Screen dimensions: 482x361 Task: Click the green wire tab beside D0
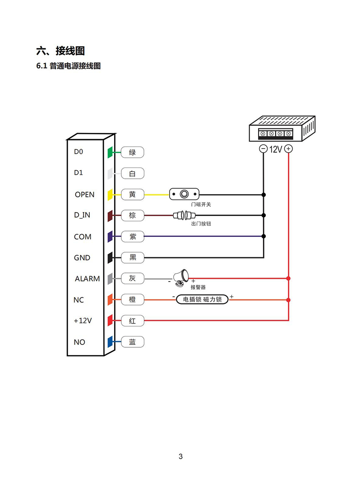(110, 152)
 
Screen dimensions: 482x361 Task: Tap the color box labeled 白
(132, 173)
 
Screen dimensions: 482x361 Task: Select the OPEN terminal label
(84, 195)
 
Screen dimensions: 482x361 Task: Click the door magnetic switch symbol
(184, 194)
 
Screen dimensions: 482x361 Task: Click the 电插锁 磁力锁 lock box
(202, 299)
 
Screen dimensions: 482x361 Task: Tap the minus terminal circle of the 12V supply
(263, 149)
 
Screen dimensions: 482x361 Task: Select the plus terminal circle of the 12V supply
(288, 149)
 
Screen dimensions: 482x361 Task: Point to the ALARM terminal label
(87, 279)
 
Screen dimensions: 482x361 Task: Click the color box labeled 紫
(132, 236)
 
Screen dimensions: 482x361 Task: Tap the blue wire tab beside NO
(110, 342)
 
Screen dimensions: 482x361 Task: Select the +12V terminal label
(83, 321)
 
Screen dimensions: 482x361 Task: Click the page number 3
(180, 457)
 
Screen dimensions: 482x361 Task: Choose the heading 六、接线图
(60, 50)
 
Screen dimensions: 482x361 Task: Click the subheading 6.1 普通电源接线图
(68, 66)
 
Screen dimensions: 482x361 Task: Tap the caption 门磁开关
(201, 205)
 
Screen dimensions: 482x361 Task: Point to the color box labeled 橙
(132, 300)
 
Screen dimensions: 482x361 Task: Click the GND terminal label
(82, 258)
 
